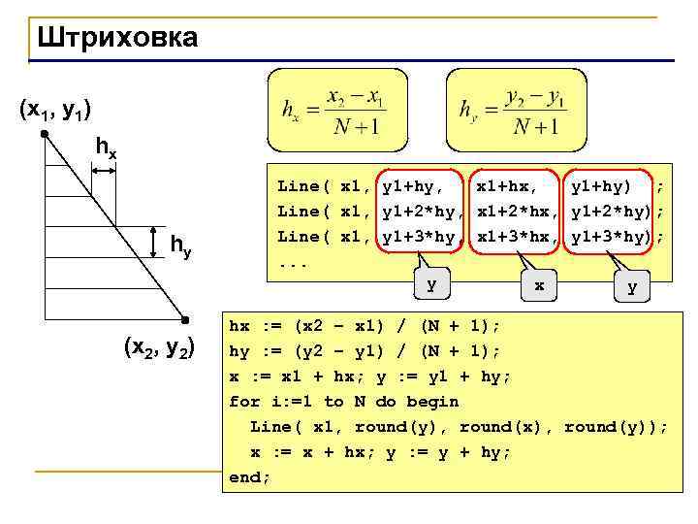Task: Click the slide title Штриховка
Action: [116, 38]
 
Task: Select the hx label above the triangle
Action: [106, 148]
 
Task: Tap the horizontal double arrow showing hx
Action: [103, 171]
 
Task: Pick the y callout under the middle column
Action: [431, 284]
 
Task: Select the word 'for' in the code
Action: [244, 402]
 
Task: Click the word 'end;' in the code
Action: [250, 477]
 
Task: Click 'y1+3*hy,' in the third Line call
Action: [423, 237]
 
